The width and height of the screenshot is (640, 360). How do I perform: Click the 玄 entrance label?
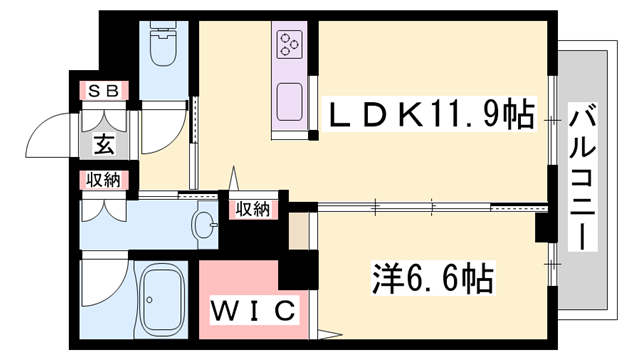pyautogui.click(x=104, y=143)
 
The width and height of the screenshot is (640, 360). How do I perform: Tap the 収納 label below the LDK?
pyautogui.click(x=253, y=209)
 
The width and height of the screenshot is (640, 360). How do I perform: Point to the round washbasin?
pyautogui.click(x=206, y=224)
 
